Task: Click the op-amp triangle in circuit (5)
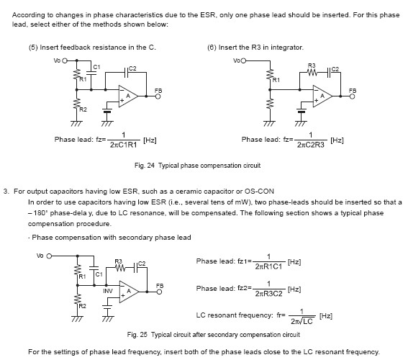pyautogui.click(x=128, y=96)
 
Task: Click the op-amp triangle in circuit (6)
pyautogui.click(x=322, y=96)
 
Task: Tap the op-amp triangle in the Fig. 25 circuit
pyautogui.click(x=129, y=292)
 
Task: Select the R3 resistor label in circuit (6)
pyautogui.click(x=312, y=66)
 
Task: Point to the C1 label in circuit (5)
pyautogui.click(x=96, y=67)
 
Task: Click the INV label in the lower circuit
pyautogui.click(x=108, y=291)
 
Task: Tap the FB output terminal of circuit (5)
pyautogui.click(x=158, y=96)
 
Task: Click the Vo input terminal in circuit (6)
pyautogui.click(x=243, y=61)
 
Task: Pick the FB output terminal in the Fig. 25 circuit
pyautogui.click(x=159, y=292)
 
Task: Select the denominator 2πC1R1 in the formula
pyautogui.click(x=123, y=145)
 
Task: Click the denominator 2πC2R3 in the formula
pyautogui.click(x=311, y=145)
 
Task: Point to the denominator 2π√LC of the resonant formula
pyautogui.click(x=302, y=321)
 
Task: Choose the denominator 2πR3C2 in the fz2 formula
pyautogui.click(x=269, y=294)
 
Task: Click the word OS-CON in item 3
pyautogui.click(x=259, y=192)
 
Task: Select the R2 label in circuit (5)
pyautogui.click(x=83, y=109)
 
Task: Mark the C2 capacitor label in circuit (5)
pyautogui.click(x=132, y=68)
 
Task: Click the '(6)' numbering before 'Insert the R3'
pyautogui.click(x=212, y=48)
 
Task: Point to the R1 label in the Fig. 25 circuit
pyautogui.click(x=82, y=276)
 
